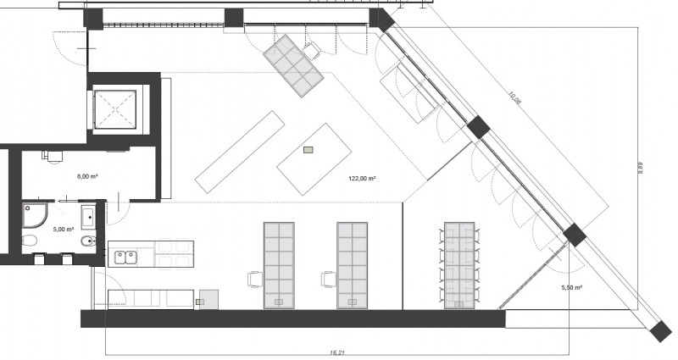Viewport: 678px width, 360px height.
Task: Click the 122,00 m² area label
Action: pyautogui.click(x=362, y=180)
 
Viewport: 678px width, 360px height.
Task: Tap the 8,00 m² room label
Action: pyautogui.click(x=85, y=177)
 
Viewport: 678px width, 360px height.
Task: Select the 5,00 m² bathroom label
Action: pyautogui.click(x=64, y=230)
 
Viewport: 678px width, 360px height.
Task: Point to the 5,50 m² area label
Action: pyautogui.click(x=572, y=288)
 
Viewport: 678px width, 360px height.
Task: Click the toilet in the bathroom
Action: pyautogui.click(x=30, y=243)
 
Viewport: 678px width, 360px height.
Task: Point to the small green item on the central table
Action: pyautogui.click(x=308, y=151)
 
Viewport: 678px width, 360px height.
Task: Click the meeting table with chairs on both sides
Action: pyautogui.click(x=459, y=263)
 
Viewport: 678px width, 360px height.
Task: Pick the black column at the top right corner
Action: pyautogui.click(x=381, y=19)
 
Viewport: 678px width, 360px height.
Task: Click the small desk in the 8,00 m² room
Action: pyautogui.click(x=53, y=156)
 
